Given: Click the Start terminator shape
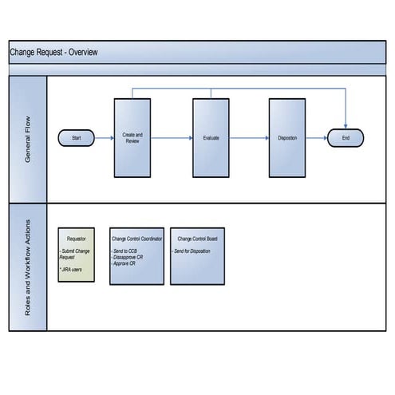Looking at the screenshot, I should (77, 138).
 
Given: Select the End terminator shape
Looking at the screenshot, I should (346, 138).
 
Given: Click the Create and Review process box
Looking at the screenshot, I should (132, 138).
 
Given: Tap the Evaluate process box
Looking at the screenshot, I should (211, 138).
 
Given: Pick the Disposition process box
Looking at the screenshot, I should (287, 138).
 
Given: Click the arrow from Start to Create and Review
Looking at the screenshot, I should (105, 138).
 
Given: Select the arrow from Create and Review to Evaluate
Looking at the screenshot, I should (172, 138).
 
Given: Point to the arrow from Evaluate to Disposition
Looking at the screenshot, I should (249, 138).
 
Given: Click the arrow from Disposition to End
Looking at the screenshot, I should (317, 138).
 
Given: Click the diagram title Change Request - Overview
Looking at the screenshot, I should (53, 53).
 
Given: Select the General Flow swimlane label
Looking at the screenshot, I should (28, 140).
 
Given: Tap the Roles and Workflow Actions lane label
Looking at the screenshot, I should (28, 267).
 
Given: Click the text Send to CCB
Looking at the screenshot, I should (125, 251).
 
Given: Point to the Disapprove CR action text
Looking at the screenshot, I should (130, 257).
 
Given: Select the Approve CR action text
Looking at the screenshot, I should (125, 263).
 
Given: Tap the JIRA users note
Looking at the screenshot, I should (73, 271).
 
